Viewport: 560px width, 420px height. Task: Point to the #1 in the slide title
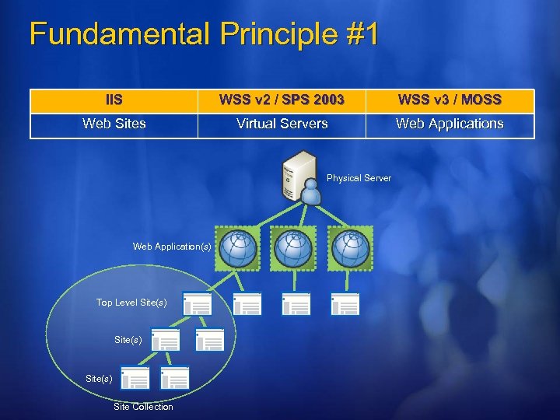pos(361,35)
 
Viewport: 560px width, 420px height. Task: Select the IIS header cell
pos(114,100)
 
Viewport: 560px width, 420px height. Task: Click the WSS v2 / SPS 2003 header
pos(282,100)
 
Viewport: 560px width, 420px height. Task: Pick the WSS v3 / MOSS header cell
pos(450,100)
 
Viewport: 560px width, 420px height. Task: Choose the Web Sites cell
pos(114,124)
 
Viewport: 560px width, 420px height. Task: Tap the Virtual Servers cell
pos(282,124)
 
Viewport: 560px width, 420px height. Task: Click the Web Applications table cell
pos(450,124)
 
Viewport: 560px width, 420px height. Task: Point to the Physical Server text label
pos(359,179)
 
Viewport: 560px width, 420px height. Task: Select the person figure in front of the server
pos(311,192)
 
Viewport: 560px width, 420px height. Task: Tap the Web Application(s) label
pos(171,247)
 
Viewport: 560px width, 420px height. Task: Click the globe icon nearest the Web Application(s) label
pos(237,248)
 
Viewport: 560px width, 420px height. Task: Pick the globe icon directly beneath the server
pos(293,248)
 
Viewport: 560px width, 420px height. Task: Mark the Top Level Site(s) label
pos(131,303)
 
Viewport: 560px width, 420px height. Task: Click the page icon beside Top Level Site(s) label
pos(197,304)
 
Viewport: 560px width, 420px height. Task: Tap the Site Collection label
pos(143,407)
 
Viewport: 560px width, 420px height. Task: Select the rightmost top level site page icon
pos(345,304)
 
